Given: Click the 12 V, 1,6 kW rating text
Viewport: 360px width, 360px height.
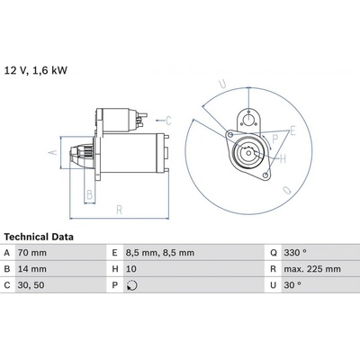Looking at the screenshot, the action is (x=36, y=70).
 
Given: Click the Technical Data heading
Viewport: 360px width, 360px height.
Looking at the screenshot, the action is (x=39, y=237).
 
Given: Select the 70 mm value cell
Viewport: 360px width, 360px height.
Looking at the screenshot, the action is (x=32, y=253).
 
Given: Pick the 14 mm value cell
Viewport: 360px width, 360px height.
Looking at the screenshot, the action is (x=32, y=269).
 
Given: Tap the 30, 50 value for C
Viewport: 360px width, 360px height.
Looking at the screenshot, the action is (x=31, y=285).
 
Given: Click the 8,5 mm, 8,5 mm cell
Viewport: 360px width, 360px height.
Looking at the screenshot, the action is (x=160, y=253).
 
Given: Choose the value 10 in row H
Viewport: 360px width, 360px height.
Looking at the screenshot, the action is (x=131, y=269).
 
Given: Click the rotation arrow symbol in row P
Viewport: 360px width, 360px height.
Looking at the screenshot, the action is (x=132, y=285).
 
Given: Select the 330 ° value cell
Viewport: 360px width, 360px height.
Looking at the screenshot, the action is (x=295, y=253).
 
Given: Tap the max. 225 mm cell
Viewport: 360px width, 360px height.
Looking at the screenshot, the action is (x=312, y=269).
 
